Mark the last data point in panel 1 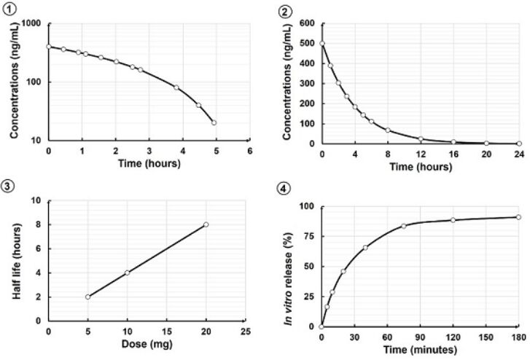214,122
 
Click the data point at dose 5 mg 88,297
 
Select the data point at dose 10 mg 128,273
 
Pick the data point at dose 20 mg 206,224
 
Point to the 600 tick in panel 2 308,23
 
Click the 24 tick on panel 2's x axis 518,154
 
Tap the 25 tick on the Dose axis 246,332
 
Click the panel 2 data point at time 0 321,43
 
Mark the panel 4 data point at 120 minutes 453,220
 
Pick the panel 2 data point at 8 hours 388,130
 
